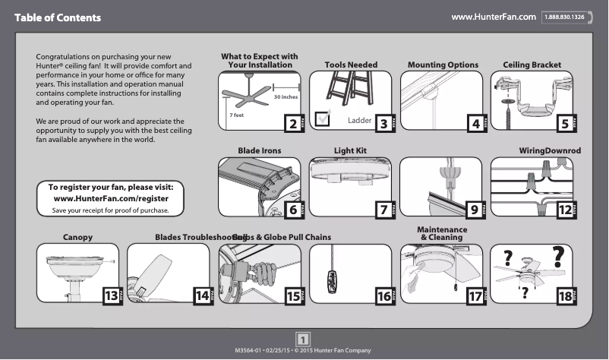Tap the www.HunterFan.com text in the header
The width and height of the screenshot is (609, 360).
(494, 17)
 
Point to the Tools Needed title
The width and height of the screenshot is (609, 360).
(351, 65)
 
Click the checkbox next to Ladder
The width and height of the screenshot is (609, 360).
(322, 118)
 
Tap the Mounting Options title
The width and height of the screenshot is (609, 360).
(443, 65)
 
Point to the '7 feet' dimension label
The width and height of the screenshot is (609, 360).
(236, 115)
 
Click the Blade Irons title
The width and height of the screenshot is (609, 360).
(259, 151)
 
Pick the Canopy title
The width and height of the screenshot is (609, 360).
(77, 238)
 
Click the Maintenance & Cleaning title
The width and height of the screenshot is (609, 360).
(442, 233)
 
